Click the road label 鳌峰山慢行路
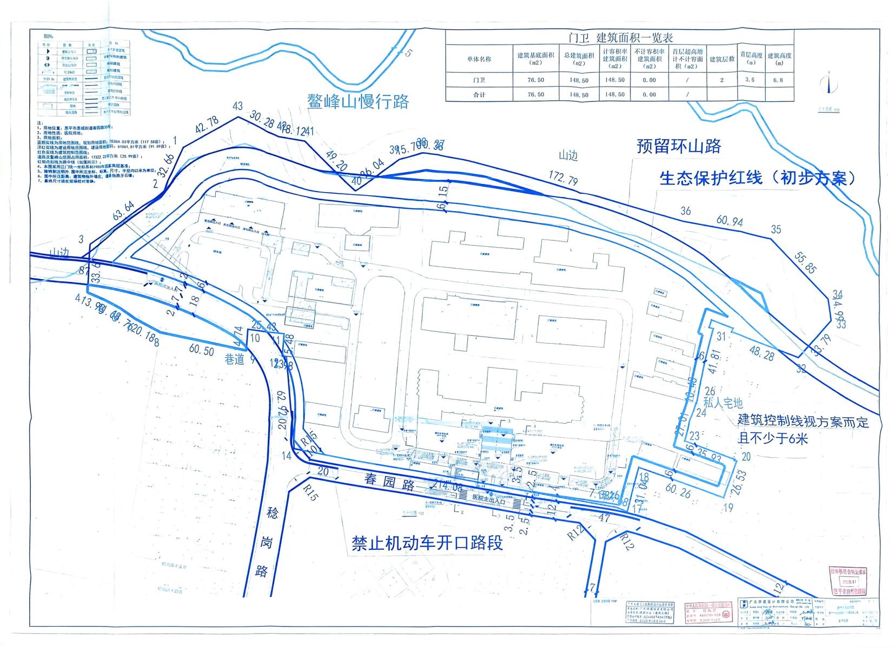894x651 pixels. point(358,101)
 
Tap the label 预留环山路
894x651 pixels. point(679,146)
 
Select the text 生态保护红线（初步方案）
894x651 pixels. point(758,178)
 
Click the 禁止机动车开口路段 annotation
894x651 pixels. point(427,542)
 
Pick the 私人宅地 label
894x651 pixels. point(723,403)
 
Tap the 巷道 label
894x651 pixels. point(234,359)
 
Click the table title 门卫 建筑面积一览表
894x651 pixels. point(620,38)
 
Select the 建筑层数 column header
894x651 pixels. point(722,59)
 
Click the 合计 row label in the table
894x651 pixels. point(479,95)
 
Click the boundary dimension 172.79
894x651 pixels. point(562,177)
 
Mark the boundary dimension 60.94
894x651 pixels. point(730,221)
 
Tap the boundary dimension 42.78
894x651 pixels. point(207,124)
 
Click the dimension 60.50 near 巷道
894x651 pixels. point(201,350)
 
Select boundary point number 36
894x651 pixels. point(685,211)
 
